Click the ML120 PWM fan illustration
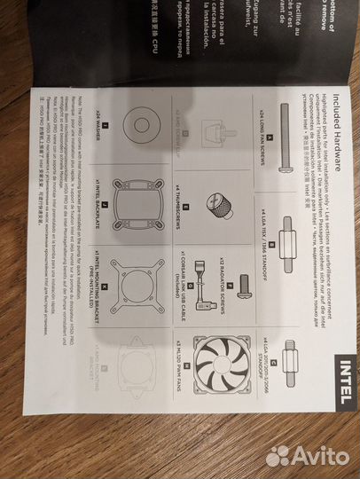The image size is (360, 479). click(x=222, y=365)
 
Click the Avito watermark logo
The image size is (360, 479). click(x=306, y=455)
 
